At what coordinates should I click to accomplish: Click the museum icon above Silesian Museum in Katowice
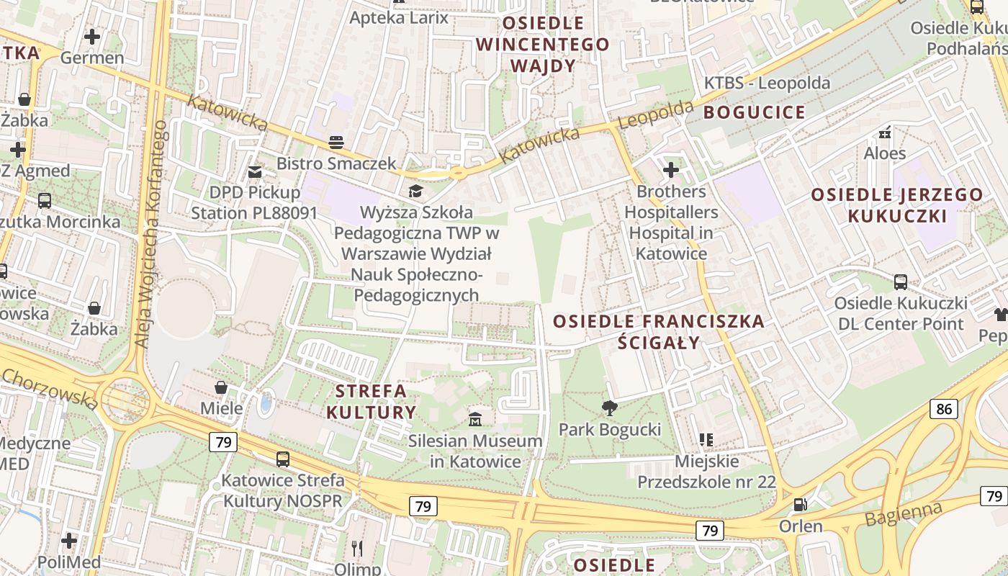pos(475,419)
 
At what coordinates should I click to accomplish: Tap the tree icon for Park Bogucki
pos(610,408)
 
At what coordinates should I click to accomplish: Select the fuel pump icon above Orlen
pos(800,505)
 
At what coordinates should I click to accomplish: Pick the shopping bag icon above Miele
pos(221,387)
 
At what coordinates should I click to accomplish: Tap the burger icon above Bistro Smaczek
pos(336,142)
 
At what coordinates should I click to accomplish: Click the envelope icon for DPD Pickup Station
pos(255,171)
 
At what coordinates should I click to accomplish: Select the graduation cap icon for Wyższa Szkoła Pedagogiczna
pos(415,191)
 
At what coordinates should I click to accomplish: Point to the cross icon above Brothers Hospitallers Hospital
pos(671,170)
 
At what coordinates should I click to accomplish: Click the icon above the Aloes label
pos(885,132)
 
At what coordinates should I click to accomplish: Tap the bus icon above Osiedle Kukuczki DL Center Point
pos(900,282)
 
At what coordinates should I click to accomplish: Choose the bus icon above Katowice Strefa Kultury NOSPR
pos(283,459)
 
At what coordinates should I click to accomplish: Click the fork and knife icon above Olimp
pos(357,549)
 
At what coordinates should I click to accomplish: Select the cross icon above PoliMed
pos(69,540)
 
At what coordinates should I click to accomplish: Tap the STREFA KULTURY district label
pos(372,402)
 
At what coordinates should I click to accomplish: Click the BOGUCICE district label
pos(754,112)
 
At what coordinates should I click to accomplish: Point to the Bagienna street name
pos(904,514)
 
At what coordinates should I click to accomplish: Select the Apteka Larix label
pos(399,17)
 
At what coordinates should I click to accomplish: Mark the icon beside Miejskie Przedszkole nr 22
pos(706,439)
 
